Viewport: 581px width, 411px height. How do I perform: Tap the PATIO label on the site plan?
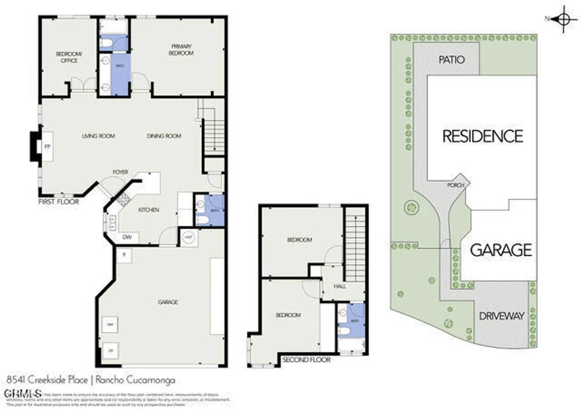click(x=452, y=60)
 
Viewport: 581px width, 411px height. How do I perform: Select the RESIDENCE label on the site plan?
click(x=482, y=136)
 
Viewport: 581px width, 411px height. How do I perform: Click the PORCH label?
click(x=455, y=185)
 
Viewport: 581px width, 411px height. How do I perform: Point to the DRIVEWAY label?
click(x=501, y=316)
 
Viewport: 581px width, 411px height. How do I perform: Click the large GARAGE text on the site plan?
click(x=501, y=249)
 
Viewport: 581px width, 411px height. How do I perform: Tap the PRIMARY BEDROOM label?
click(x=180, y=50)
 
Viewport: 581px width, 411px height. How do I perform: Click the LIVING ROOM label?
click(x=98, y=136)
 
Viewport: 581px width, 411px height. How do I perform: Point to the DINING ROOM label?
click(x=164, y=136)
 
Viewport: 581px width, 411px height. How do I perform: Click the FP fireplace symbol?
click(x=47, y=147)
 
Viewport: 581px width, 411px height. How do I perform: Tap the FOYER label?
click(x=120, y=172)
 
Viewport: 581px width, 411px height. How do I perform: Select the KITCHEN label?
click(x=149, y=210)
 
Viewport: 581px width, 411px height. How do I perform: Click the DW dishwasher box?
click(x=127, y=238)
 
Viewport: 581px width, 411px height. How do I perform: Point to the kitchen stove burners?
click(x=123, y=198)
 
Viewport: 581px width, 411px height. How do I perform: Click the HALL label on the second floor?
click(x=340, y=286)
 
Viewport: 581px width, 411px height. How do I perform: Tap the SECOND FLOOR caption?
click(x=306, y=359)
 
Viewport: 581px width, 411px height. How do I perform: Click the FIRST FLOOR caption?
click(x=58, y=201)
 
